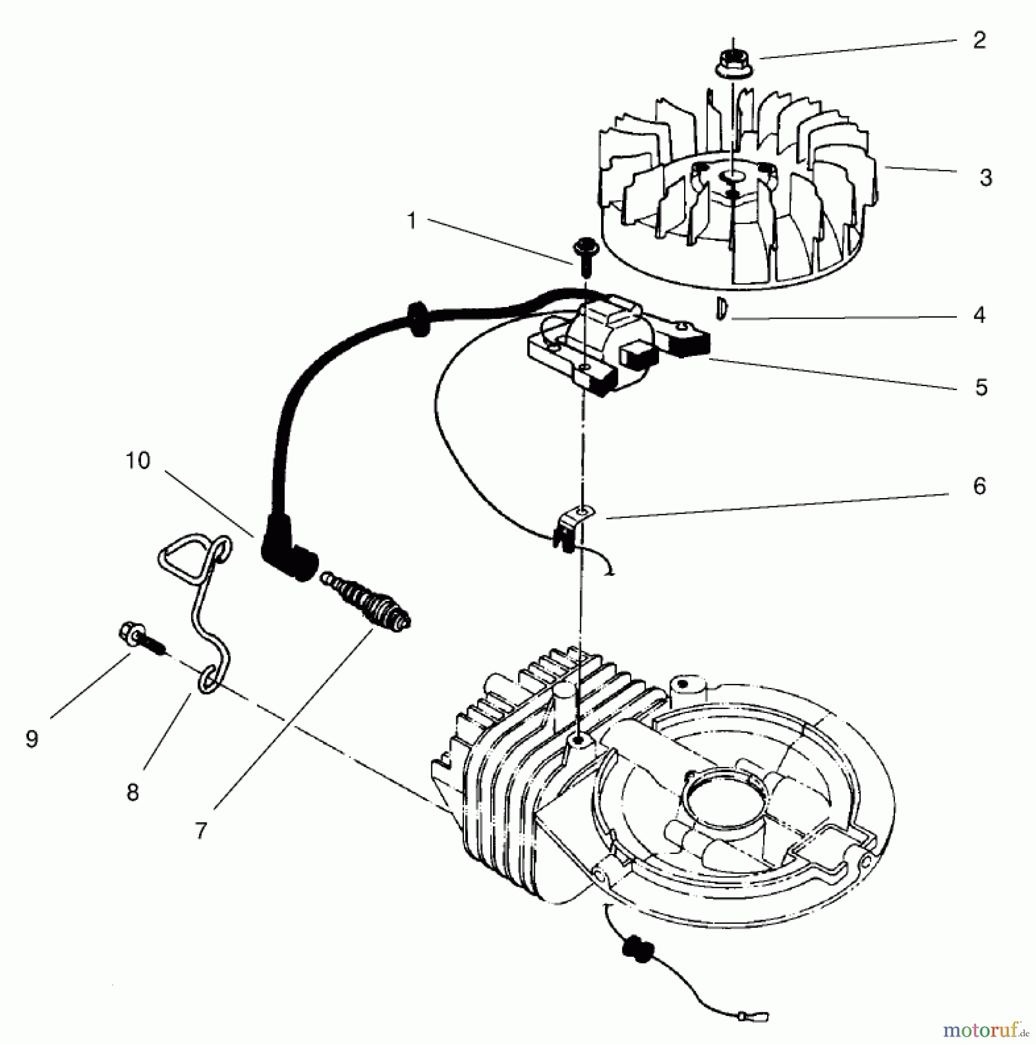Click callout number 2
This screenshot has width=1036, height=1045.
[979, 40]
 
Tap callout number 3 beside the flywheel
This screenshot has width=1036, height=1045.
[985, 178]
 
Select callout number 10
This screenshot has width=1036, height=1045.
[138, 460]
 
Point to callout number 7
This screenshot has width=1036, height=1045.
[201, 831]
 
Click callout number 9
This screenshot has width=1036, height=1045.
[32, 739]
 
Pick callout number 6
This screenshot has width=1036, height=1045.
[980, 486]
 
